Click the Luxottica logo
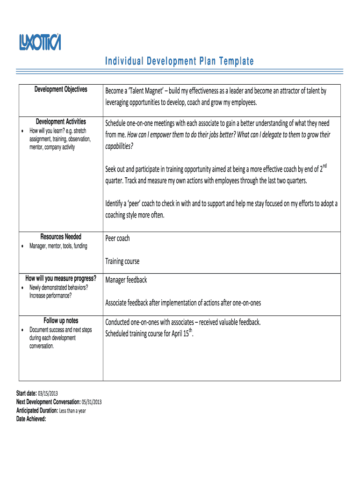(x=40, y=42)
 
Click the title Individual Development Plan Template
(x=179, y=61)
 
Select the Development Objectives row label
(x=61, y=89)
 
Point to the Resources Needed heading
(x=61, y=237)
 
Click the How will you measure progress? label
(x=61, y=278)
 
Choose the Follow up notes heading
(x=61, y=320)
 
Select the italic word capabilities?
(x=119, y=146)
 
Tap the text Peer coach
(x=117, y=238)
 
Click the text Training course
(x=122, y=261)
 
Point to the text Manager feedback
(x=126, y=280)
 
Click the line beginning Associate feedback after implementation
(x=183, y=303)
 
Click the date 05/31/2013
(x=91, y=402)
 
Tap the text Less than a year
(x=72, y=411)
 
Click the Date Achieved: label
(x=31, y=419)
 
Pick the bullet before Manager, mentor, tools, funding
(x=23, y=247)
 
